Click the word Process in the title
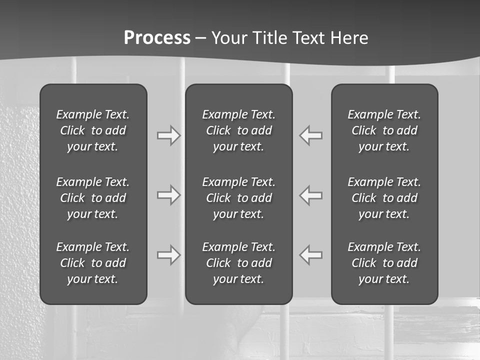(157, 38)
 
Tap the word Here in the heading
(348, 38)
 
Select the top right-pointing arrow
(168, 135)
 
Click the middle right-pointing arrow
(168, 195)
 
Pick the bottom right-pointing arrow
(168, 254)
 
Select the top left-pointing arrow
(311, 135)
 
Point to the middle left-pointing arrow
(311, 195)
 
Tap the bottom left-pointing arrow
(311, 254)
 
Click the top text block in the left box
(93, 130)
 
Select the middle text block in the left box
(93, 198)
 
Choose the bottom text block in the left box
(93, 263)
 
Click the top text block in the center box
(238, 130)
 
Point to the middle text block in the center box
(238, 198)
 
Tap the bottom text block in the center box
(238, 263)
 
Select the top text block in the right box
(384, 130)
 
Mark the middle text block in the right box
(384, 198)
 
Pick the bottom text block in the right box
(384, 263)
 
